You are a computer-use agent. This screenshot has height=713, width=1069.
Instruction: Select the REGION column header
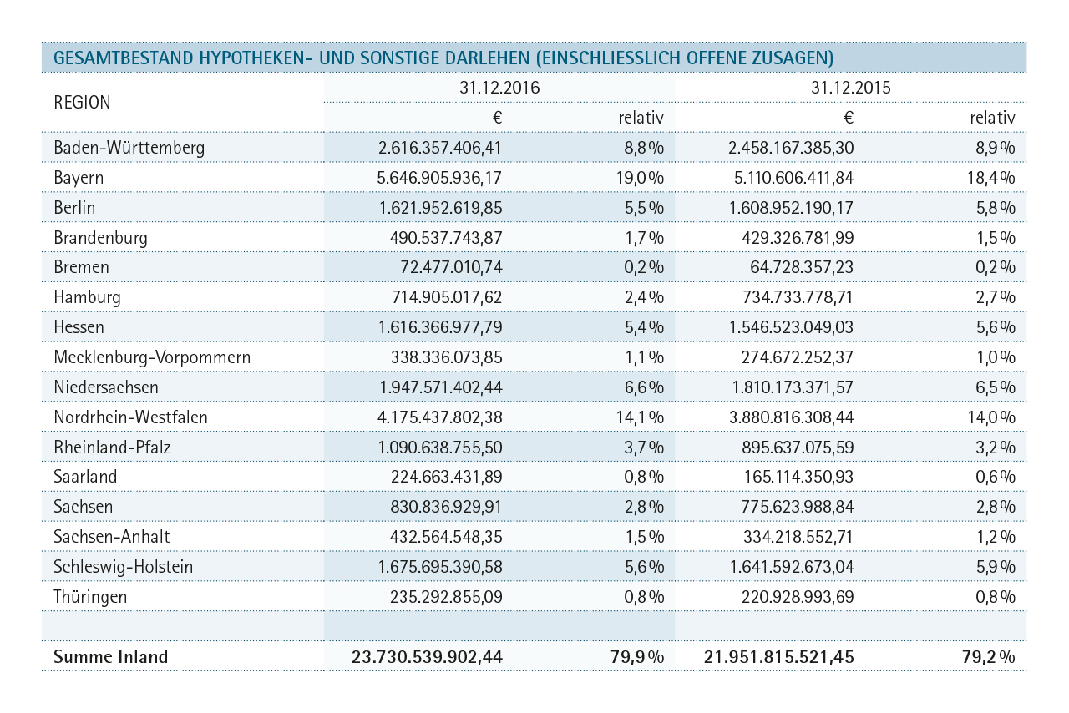pyautogui.click(x=82, y=102)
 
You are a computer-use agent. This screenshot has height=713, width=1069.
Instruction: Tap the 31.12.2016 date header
pyautogui.click(x=499, y=88)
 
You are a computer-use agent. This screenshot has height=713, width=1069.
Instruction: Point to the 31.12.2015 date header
pyautogui.click(x=850, y=88)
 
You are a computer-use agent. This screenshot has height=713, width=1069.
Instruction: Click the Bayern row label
pyautogui.click(x=79, y=178)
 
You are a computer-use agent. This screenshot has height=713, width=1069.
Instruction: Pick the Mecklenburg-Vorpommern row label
pyautogui.click(x=152, y=357)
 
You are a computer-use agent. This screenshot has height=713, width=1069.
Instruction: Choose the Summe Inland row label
pyautogui.click(x=111, y=657)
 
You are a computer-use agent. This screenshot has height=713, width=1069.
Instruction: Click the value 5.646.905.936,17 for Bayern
pyautogui.click(x=439, y=178)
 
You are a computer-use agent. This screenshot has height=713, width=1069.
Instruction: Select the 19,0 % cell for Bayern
pyautogui.click(x=640, y=178)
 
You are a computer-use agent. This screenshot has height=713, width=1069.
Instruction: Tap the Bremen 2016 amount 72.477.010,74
pyautogui.click(x=451, y=267)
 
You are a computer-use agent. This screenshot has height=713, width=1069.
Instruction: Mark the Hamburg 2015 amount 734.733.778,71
pyautogui.click(x=798, y=297)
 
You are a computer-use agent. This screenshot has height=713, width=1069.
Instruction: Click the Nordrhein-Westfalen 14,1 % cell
pyautogui.click(x=640, y=417)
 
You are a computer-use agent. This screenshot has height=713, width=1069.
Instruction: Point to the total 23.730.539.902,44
pyautogui.click(x=427, y=657)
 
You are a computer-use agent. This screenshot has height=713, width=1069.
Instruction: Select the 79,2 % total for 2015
pyautogui.click(x=988, y=657)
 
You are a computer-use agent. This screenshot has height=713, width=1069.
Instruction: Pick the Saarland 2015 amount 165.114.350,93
pyautogui.click(x=798, y=477)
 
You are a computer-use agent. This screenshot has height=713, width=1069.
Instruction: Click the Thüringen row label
pyautogui.click(x=90, y=597)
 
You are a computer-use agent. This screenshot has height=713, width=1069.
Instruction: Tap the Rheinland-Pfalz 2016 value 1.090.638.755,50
pyautogui.click(x=439, y=448)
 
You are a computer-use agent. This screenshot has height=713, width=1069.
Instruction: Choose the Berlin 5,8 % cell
pyautogui.click(x=995, y=208)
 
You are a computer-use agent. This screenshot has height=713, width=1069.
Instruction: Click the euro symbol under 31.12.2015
pyautogui.click(x=848, y=118)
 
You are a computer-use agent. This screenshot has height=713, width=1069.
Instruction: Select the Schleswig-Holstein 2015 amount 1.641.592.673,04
pyautogui.click(x=791, y=567)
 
